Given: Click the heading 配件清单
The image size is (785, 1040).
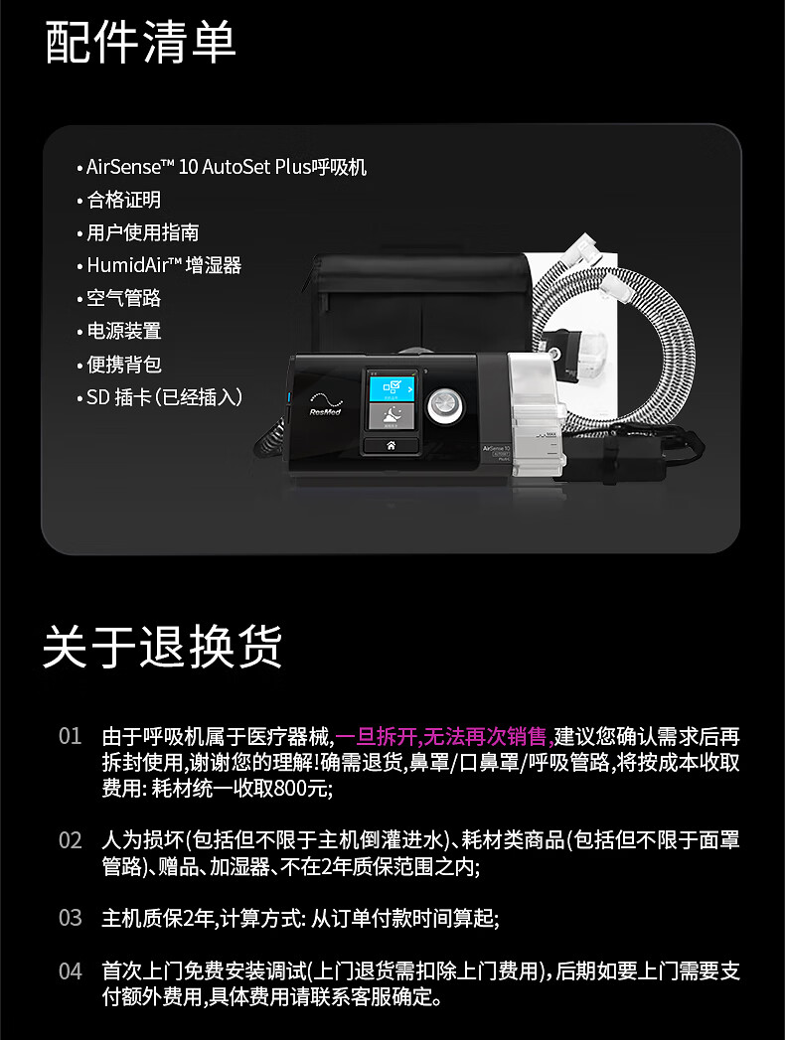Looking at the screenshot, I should pyautogui.click(x=141, y=44).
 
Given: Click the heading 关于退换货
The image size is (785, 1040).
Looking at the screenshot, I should pyautogui.click(x=163, y=646).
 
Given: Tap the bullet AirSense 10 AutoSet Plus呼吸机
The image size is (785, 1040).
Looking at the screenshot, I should pyautogui.click(x=227, y=167).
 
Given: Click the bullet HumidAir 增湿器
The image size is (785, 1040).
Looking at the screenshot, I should pyautogui.click(x=164, y=265).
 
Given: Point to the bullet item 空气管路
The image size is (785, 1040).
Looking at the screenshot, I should pyautogui.click(x=123, y=298).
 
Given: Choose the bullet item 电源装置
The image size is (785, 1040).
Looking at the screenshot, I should pyautogui.click(x=123, y=331).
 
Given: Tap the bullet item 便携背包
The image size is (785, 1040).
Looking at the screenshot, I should pyautogui.click(x=123, y=364).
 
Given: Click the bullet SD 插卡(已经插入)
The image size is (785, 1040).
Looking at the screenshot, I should pyautogui.click(x=164, y=397).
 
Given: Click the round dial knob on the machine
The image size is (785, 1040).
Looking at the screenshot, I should pyautogui.click(x=444, y=406).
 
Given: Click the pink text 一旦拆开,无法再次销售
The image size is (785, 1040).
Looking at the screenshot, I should pyautogui.click(x=443, y=736).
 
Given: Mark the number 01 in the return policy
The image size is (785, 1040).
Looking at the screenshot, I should pyautogui.click(x=70, y=737).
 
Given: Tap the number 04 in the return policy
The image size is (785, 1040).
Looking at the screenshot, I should pyautogui.click(x=70, y=970).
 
